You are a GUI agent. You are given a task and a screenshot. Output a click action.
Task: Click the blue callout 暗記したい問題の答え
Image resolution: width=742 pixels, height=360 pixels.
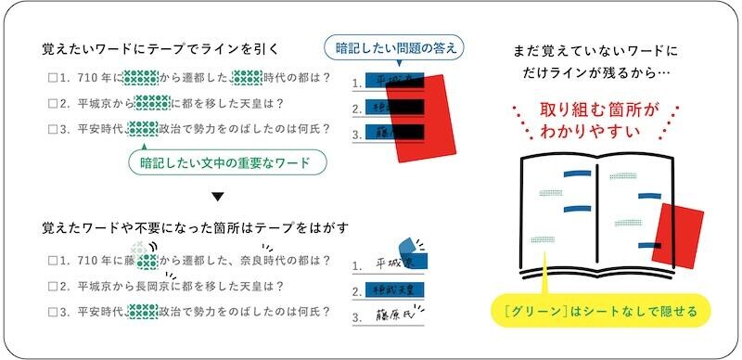pos(393,47)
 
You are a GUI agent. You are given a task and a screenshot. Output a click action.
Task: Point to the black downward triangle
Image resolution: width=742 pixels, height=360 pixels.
pos(217,196)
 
